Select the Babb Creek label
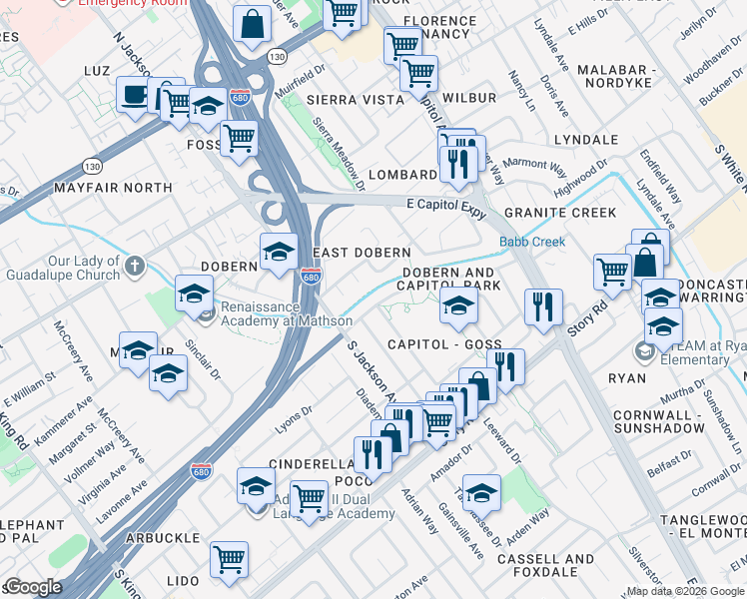532,242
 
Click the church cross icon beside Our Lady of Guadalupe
136,266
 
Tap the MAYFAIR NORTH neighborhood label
113,187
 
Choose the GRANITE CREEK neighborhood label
559,213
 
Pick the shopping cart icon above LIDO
230,559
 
